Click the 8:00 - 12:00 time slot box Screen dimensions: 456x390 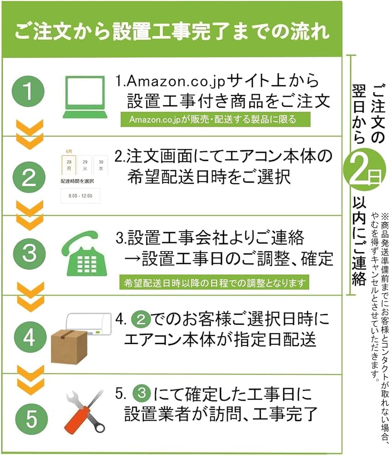point(80,196)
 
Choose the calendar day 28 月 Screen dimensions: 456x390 point(69,165)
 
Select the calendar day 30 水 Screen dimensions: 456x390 point(100,165)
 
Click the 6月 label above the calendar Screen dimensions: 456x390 point(68,150)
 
